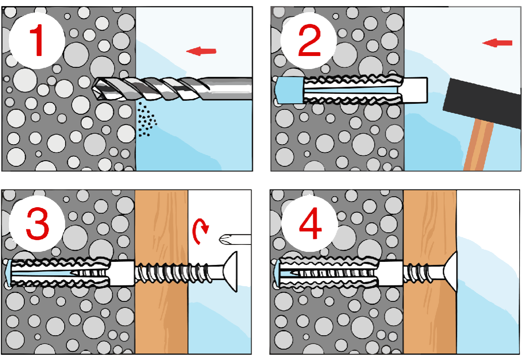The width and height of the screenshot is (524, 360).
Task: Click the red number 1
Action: pos(37,40)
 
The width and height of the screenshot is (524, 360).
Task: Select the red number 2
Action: pos(309,40)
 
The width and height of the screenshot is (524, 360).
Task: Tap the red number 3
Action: pos(37,224)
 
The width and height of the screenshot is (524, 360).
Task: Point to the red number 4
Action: pos(310,223)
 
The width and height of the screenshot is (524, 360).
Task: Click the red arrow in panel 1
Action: pos(201,51)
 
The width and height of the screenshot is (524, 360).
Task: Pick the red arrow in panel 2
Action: pos(497,43)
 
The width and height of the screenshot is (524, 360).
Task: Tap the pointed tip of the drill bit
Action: pos(93,89)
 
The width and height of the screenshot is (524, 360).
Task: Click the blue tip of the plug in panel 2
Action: pos(289,90)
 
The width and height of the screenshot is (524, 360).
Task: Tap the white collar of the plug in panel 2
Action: pos(415,90)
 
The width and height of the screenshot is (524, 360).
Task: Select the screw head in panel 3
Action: pos(230,272)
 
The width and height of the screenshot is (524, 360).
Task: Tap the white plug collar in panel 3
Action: pos(122,273)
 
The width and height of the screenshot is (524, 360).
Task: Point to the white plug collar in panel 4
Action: pos(390,273)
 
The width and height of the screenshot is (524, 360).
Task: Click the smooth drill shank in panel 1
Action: pos(230,88)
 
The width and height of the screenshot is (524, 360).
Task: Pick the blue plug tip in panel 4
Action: pos(277,274)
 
